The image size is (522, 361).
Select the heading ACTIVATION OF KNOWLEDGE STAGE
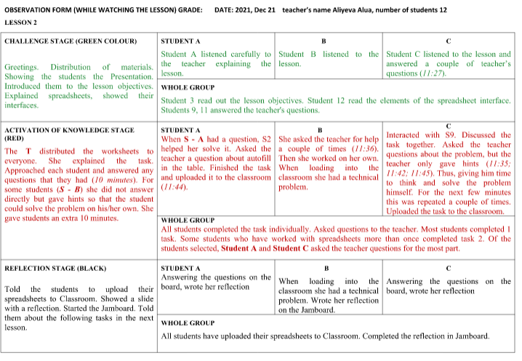coord(68,130)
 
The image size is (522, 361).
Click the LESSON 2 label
coord(20,23)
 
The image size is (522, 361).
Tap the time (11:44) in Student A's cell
coord(174,186)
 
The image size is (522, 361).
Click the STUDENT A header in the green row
coord(180,41)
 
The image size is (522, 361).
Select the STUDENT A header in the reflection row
coord(180,267)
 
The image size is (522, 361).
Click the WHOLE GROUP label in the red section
coord(188,219)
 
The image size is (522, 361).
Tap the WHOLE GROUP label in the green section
coord(188,88)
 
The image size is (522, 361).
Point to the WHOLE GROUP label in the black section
coord(188,322)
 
